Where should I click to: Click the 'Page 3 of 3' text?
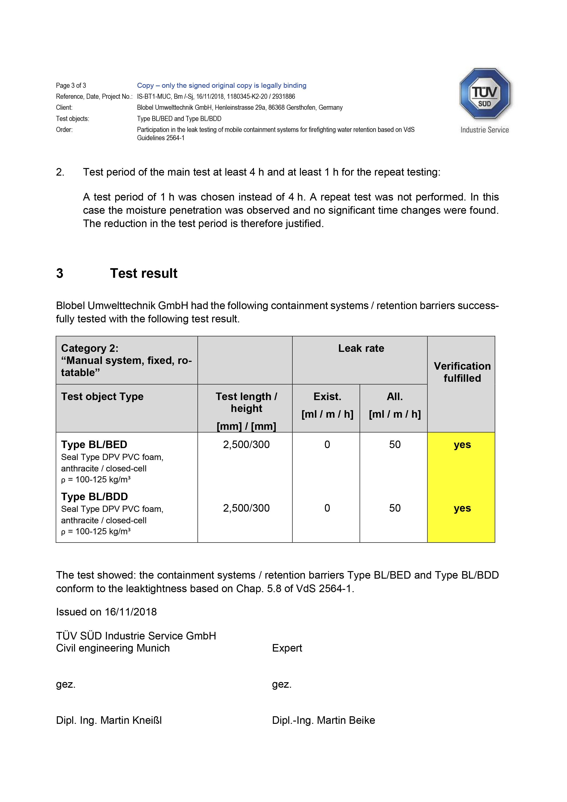pos(71,86)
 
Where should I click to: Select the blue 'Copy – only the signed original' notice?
pos(222,86)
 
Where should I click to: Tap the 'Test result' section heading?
pos(144,273)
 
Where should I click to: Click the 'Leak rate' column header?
pos(361,348)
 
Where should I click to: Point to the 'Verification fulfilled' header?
pos(462,372)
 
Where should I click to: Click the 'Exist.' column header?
pos(327,396)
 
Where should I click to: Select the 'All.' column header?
pos(394,396)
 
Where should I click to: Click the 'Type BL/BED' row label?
pos(94,445)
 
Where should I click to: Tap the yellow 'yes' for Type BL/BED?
pos(462,445)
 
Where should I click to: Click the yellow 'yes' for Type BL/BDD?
pos(462,508)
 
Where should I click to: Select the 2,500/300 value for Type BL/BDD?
pos(246,508)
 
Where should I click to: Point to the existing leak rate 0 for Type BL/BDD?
pos(327,508)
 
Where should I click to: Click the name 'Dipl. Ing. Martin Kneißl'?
pos(109,720)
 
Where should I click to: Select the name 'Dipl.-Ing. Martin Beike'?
pos(323,720)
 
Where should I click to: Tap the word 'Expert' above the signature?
pos(287,648)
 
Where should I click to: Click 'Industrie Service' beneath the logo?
pos(484,130)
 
